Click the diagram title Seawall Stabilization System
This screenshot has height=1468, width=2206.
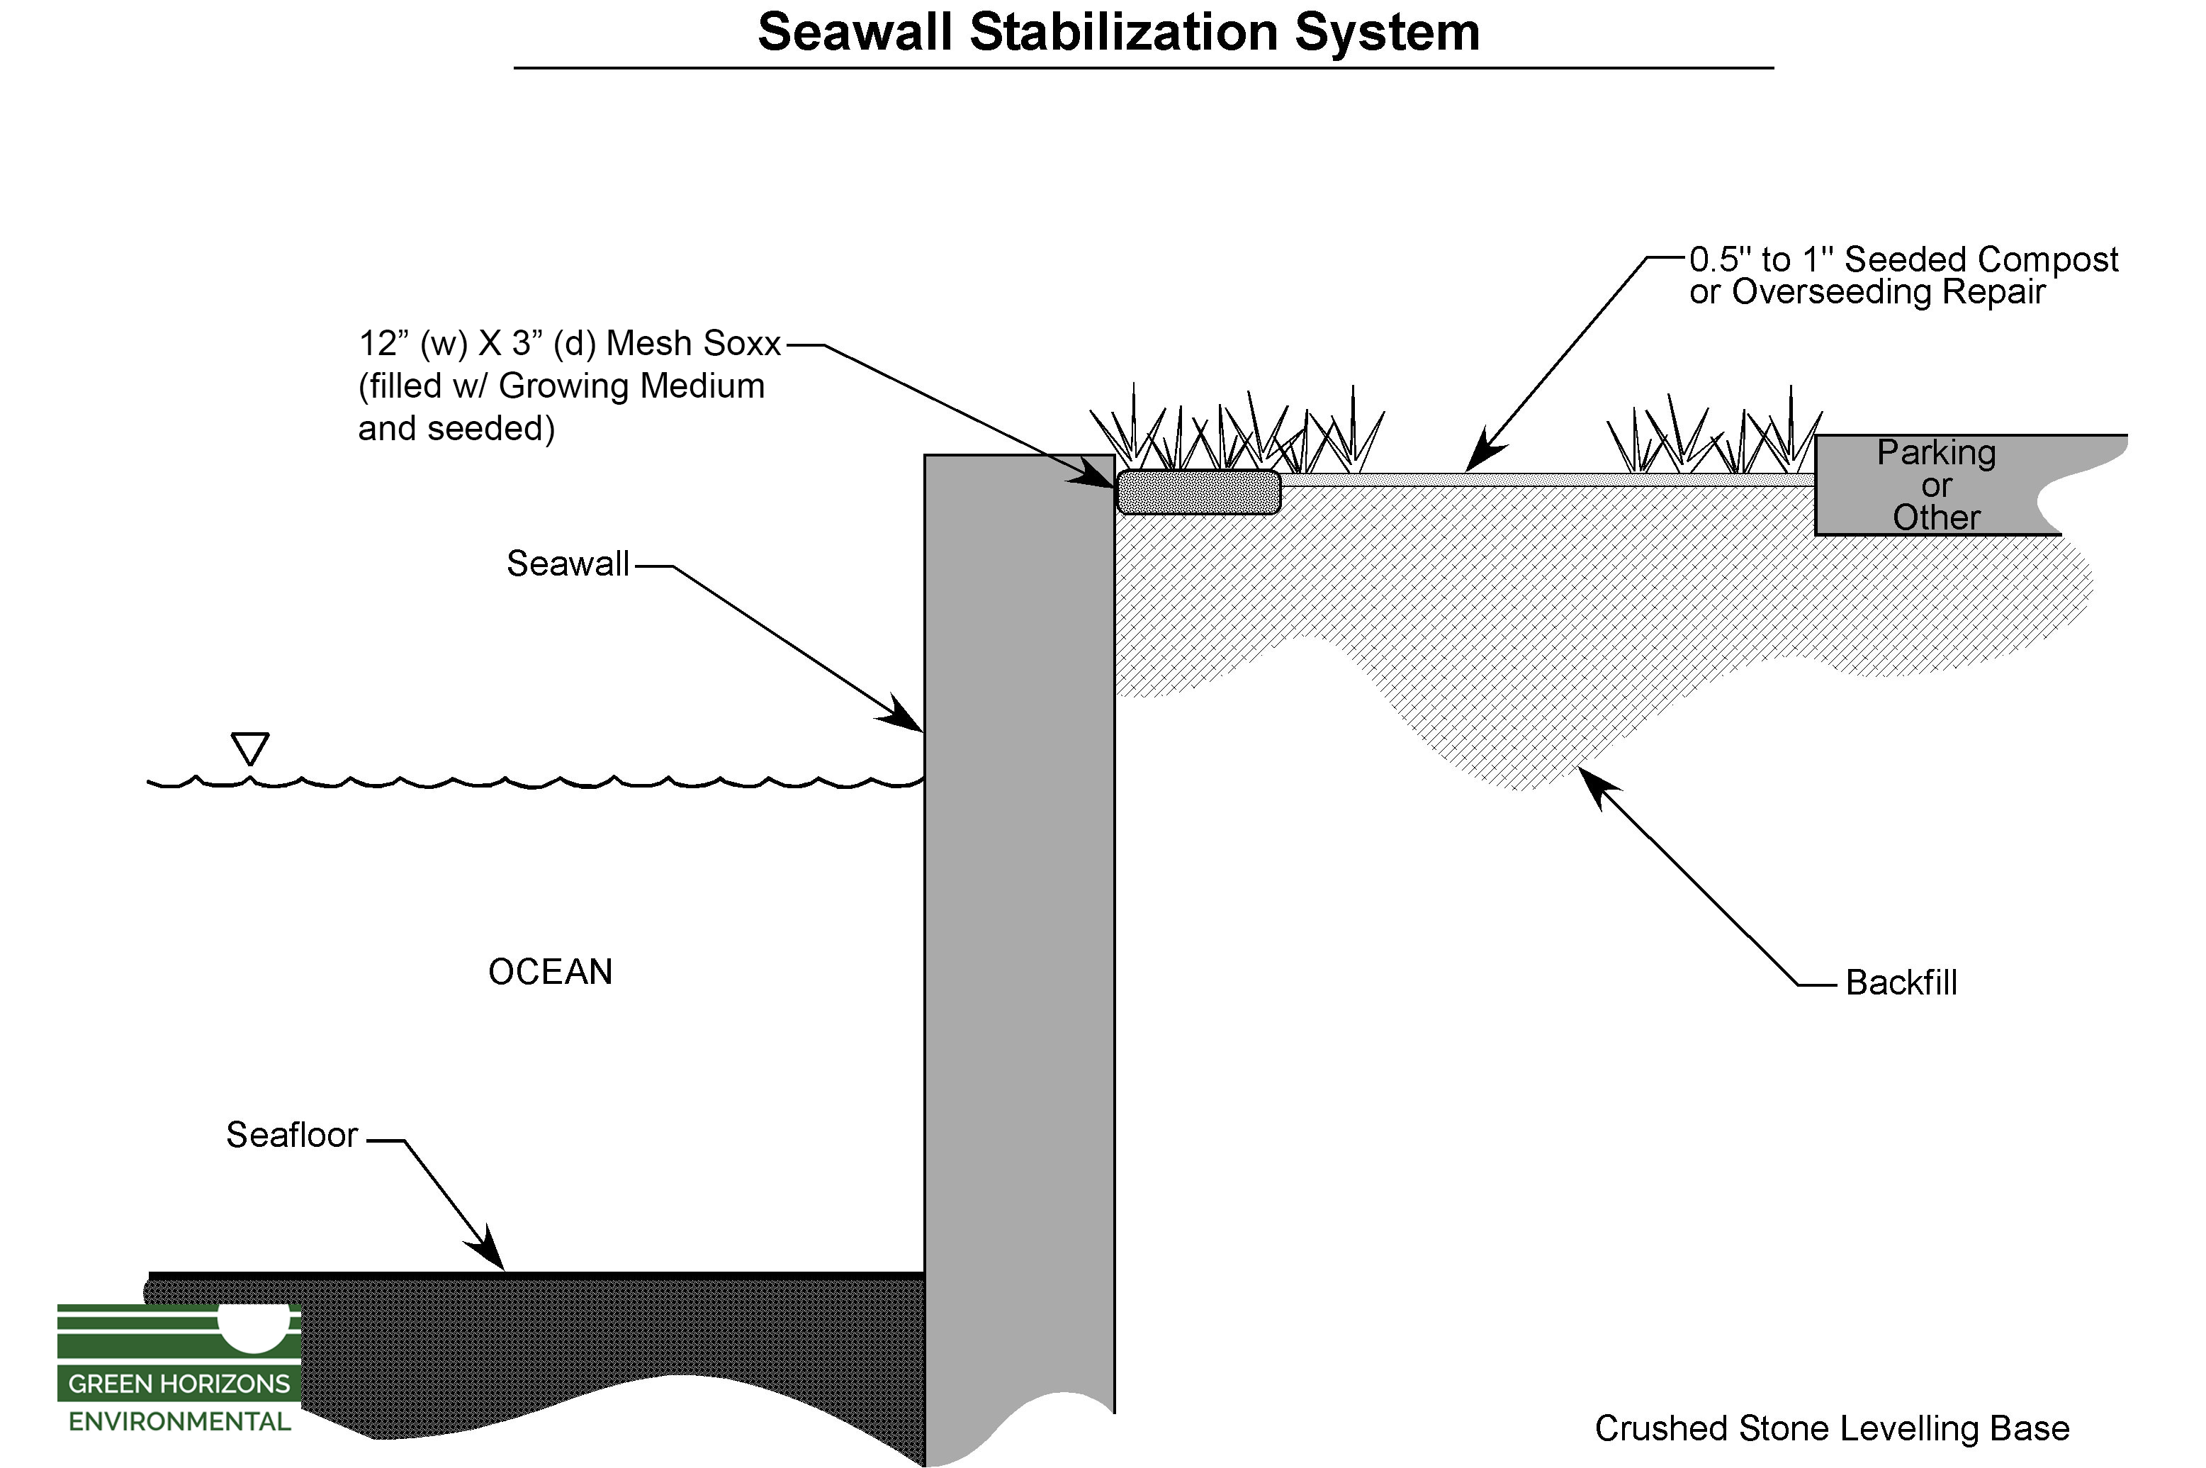tap(1118, 33)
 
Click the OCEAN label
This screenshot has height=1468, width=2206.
tap(551, 972)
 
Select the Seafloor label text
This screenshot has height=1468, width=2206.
tap(291, 1135)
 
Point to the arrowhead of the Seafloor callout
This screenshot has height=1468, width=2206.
tap(495, 1259)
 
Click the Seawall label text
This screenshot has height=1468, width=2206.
tap(567, 564)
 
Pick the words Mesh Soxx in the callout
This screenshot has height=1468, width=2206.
tap(692, 344)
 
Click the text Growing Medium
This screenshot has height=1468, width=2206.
tap(632, 386)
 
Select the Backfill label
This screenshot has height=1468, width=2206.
tap(1901, 983)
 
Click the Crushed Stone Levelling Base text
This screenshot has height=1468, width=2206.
tap(1832, 1429)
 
